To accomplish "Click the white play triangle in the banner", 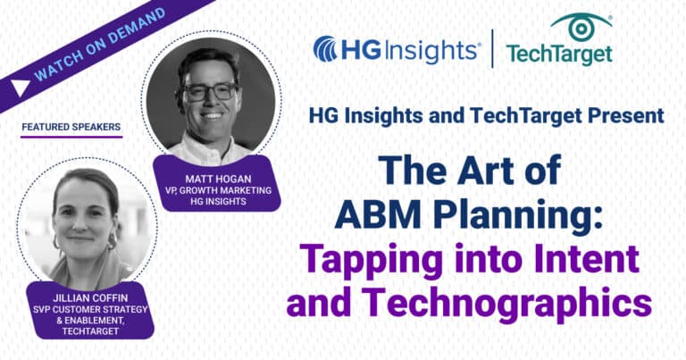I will click(x=19, y=87).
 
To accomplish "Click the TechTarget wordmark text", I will click(x=559, y=54).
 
